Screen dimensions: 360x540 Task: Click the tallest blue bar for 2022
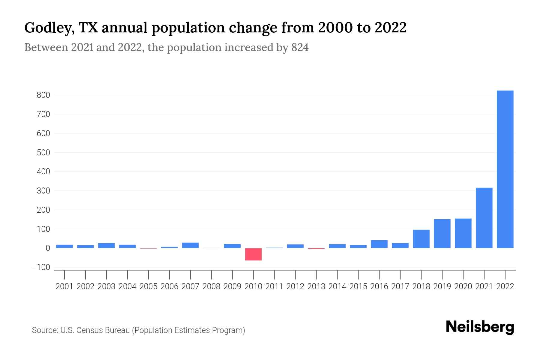tap(505, 169)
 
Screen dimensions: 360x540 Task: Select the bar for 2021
tap(484, 218)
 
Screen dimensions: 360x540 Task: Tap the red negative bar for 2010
tap(253, 254)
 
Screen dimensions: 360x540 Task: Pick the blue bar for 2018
tap(421, 239)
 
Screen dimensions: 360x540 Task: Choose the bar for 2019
tap(442, 233)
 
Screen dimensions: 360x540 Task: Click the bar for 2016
tap(379, 244)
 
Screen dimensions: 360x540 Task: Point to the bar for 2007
tap(190, 245)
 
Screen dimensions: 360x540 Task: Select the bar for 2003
tap(106, 245)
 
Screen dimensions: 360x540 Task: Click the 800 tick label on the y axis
tap(43, 95)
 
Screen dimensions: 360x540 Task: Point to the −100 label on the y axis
tap(41, 267)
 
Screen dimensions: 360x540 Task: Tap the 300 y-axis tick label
tap(43, 191)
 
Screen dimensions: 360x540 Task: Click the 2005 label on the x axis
tap(148, 286)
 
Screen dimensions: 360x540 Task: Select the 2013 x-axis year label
tap(316, 286)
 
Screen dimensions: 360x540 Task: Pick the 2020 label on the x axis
tap(463, 286)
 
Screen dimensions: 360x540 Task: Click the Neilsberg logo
tap(480, 327)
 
